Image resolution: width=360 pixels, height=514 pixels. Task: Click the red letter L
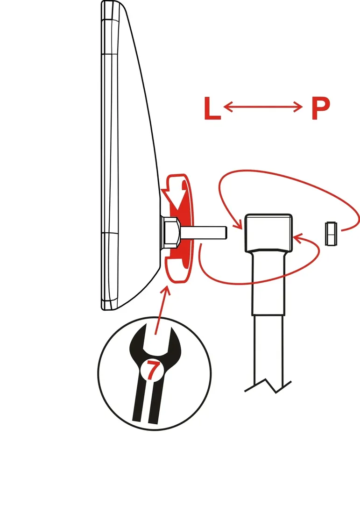[212, 108]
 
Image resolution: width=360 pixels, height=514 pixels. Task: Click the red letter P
[320, 108]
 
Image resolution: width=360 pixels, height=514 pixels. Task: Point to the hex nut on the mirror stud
[171, 233]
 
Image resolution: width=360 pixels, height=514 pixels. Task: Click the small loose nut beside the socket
[331, 233]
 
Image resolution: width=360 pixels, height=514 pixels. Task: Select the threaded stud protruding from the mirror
[203, 232]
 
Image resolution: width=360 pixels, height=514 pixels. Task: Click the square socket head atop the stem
[268, 233]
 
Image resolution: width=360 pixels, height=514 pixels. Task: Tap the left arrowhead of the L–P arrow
[228, 107]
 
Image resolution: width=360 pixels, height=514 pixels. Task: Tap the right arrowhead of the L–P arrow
[298, 107]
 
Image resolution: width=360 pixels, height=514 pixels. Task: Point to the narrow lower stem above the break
[268, 348]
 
